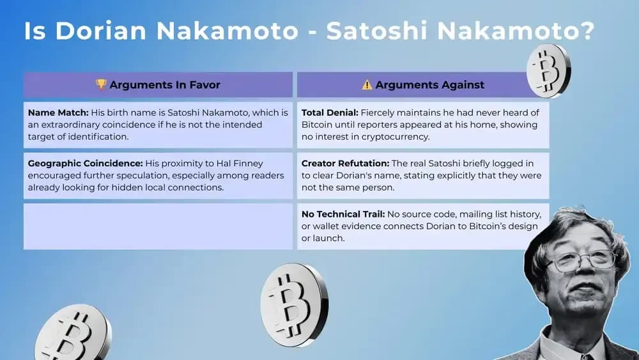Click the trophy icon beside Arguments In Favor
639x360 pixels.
[x=100, y=84]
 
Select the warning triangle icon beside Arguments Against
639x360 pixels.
[x=367, y=84]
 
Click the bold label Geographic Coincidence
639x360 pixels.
[x=85, y=163]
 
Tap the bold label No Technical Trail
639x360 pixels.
[x=343, y=214]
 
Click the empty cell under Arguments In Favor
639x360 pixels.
[x=158, y=226]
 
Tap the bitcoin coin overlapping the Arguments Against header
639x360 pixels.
[x=548, y=70]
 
